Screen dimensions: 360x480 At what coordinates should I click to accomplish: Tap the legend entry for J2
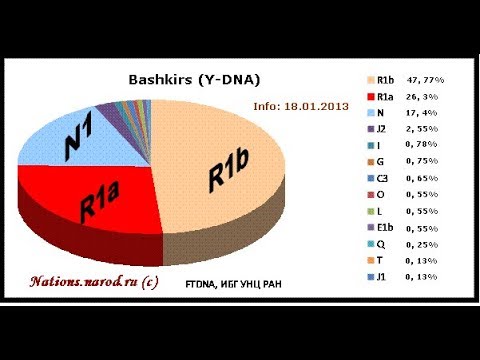pos(386,130)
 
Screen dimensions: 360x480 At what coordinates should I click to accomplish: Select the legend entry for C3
pos(386,183)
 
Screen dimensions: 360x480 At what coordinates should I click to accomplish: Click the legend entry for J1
pos(386,277)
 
